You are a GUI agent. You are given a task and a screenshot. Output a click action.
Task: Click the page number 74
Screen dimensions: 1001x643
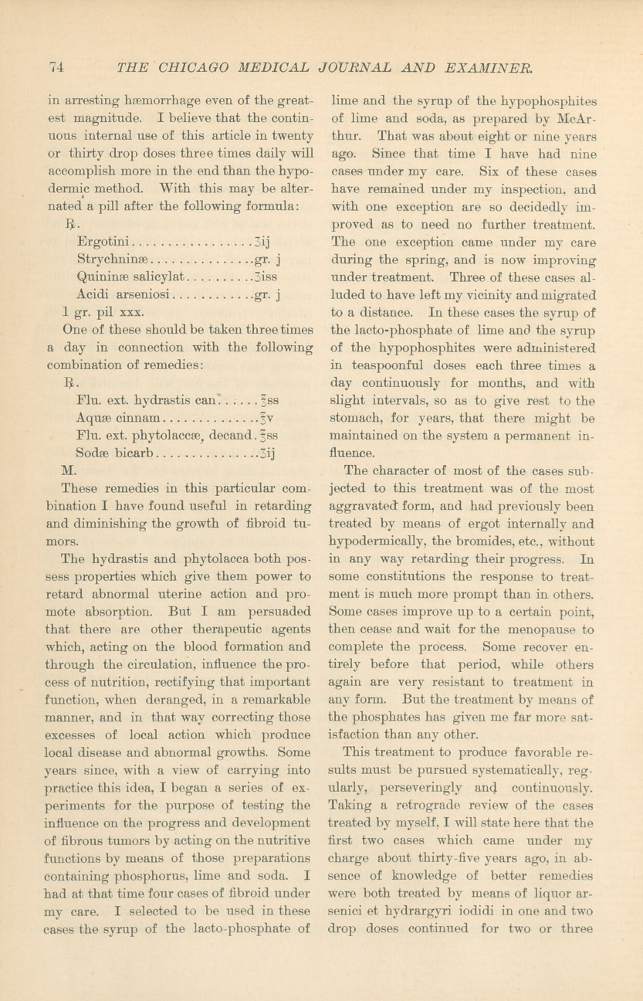pos(56,67)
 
